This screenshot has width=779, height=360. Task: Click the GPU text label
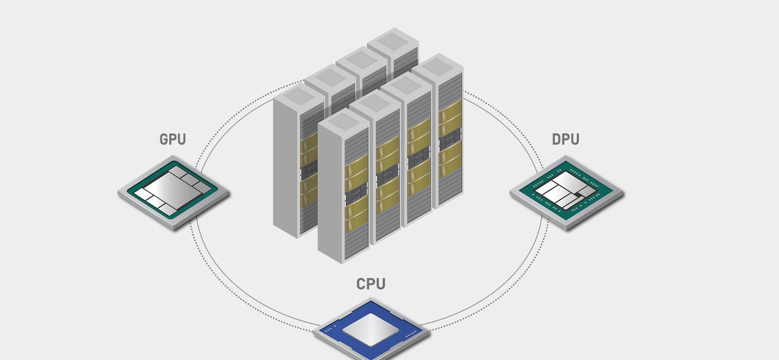click(173, 139)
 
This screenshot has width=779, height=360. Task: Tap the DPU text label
click(565, 139)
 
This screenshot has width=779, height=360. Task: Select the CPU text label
click(371, 284)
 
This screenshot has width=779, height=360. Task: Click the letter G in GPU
click(164, 139)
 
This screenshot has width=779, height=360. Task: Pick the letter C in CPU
click(362, 284)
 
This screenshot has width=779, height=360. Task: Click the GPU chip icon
click(173, 192)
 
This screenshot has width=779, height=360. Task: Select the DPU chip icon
click(566, 192)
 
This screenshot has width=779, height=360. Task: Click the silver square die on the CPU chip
click(370, 330)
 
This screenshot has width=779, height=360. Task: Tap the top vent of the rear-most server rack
click(393, 39)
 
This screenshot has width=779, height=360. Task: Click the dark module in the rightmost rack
click(449, 138)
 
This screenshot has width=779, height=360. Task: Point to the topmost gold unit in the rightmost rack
click(450, 110)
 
